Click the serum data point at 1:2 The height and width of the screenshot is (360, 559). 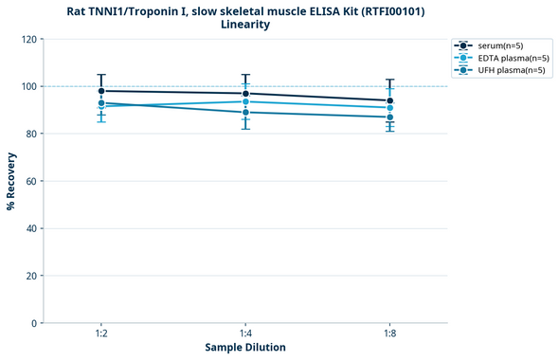(x=101, y=91)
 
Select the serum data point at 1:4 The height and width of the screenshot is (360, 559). (x=245, y=94)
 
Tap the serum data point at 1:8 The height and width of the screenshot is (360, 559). (x=389, y=100)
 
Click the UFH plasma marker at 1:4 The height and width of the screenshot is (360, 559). (x=245, y=112)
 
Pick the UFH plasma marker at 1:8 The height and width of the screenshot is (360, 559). (x=389, y=117)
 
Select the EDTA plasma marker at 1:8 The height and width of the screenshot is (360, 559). (x=389, y=108)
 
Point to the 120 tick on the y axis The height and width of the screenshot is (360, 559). (x=30, y=40)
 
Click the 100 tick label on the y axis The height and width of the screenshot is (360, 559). (x=30, y=87)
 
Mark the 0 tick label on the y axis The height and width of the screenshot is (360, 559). (x=36, y=323)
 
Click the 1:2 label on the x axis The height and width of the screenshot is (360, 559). (x=101, y=334)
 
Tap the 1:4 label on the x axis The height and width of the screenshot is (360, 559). (x=245, y=334)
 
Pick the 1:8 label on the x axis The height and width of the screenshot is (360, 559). (x=389, y=334)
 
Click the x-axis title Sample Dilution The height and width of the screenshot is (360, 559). (x=245, y=348)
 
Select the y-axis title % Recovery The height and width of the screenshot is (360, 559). (x=11, y=181)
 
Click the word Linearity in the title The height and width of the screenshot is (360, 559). (x=245, y=25)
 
